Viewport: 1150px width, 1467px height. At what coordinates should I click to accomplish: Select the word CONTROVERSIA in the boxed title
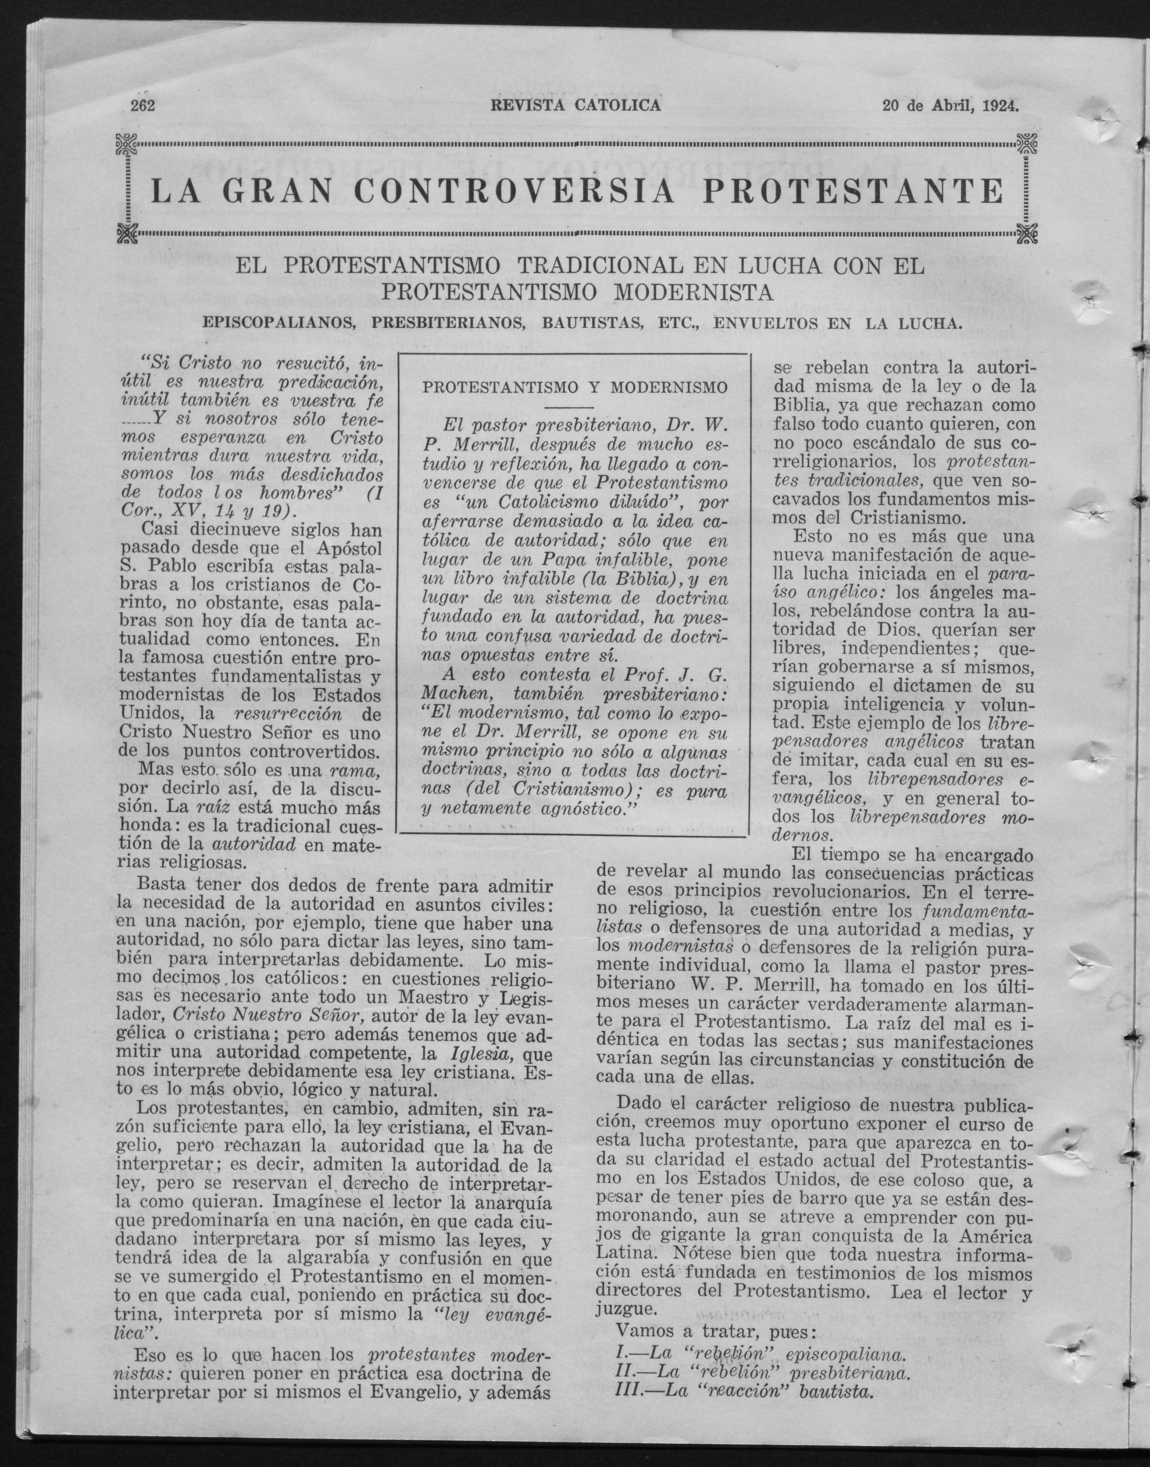(513, 191)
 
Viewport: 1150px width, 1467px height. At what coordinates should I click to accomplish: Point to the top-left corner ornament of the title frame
(127, 143)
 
